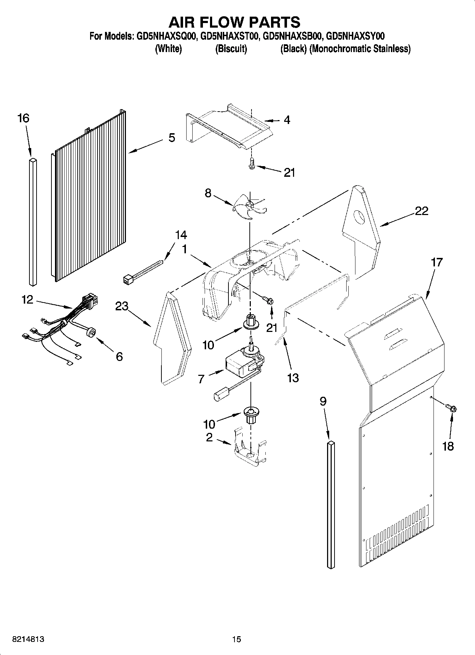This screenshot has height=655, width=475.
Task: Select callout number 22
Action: tap(421, 211)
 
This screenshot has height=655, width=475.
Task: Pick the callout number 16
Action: tap(23, 118)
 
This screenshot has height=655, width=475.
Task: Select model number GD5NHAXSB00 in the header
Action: tap(292, 36)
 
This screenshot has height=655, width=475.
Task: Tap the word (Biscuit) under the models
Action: tap(231, 49)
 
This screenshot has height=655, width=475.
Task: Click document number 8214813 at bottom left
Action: tap(28, 639)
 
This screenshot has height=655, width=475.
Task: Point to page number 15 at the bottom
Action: tap(236, 639)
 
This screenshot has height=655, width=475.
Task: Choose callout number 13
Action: tap(293, 378)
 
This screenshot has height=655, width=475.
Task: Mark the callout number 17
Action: tap(437, 262)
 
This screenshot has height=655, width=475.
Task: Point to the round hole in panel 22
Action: tap(360, 217)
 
